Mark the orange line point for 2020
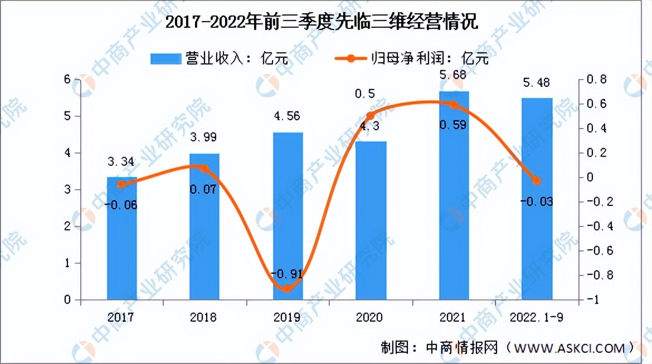click(x=371, y=116)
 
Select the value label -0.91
click(x=287, y=274)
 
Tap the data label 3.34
click(x=121, y=163)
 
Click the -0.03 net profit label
click(x=536, y=201)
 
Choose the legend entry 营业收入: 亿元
click(x=220, y=57)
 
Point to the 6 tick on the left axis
click(x=67, y=80)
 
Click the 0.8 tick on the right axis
click(x=592, y=80)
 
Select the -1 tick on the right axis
click(x=587, y=300)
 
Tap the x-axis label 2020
click(x=369, y=317)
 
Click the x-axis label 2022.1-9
click(x=536, y=317)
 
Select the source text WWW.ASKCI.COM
click(x=568, y=348)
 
